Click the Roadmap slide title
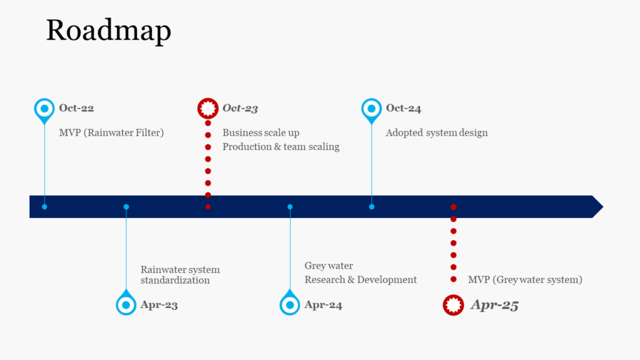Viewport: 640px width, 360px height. tap(109, 31)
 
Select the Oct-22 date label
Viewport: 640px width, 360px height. tap(76, 107)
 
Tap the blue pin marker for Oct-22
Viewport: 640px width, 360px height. tap(44, 110)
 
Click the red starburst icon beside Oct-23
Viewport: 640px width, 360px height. tap(207, 108)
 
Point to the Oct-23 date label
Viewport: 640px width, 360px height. tap(240, 108)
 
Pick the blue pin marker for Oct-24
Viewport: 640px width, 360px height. tap(371, 110)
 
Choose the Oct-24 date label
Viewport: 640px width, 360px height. tap(403, 108)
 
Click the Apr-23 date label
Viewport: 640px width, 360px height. tap(159, 305)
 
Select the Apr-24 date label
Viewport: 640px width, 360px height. tap(323, 305)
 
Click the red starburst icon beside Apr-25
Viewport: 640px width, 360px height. tap(454, 305)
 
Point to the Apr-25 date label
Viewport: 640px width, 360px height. tap(494, 305)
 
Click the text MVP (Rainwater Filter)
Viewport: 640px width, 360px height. tap(111, 132)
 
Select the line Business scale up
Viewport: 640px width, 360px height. tap(261, 132)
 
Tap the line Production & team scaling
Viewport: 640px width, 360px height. tap(281, 146)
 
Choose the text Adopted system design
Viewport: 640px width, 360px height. tap(437, 132)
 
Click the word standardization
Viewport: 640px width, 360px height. tap(175, 281)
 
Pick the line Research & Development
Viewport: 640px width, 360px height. tap(361, 279)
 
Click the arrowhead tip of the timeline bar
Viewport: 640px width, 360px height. tap(603, 206)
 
